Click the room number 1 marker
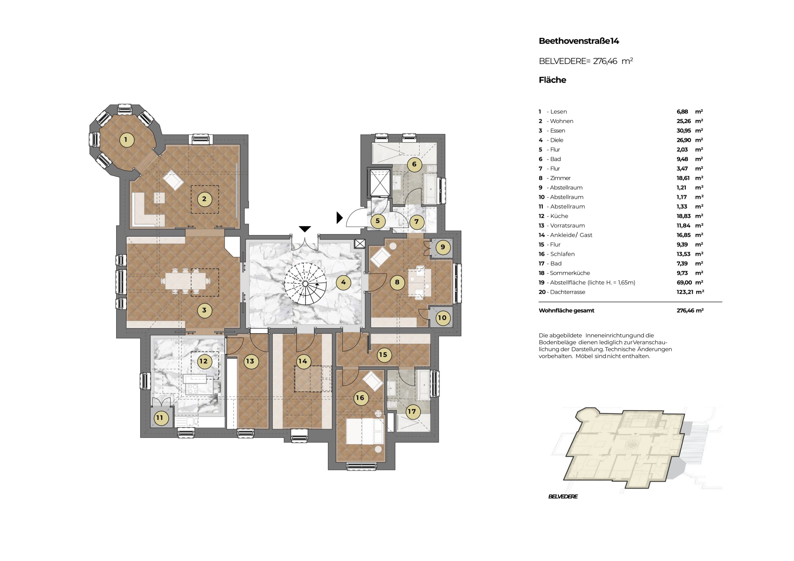126,140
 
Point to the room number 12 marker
203,361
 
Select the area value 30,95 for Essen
683,131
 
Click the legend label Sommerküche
570,273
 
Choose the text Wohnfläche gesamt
566,310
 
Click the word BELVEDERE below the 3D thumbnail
563,496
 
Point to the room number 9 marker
443,247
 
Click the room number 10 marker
442,318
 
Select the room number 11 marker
159,417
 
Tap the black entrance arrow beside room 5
340,218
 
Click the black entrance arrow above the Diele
305,229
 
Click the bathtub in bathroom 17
425,385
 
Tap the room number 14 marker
303,361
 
